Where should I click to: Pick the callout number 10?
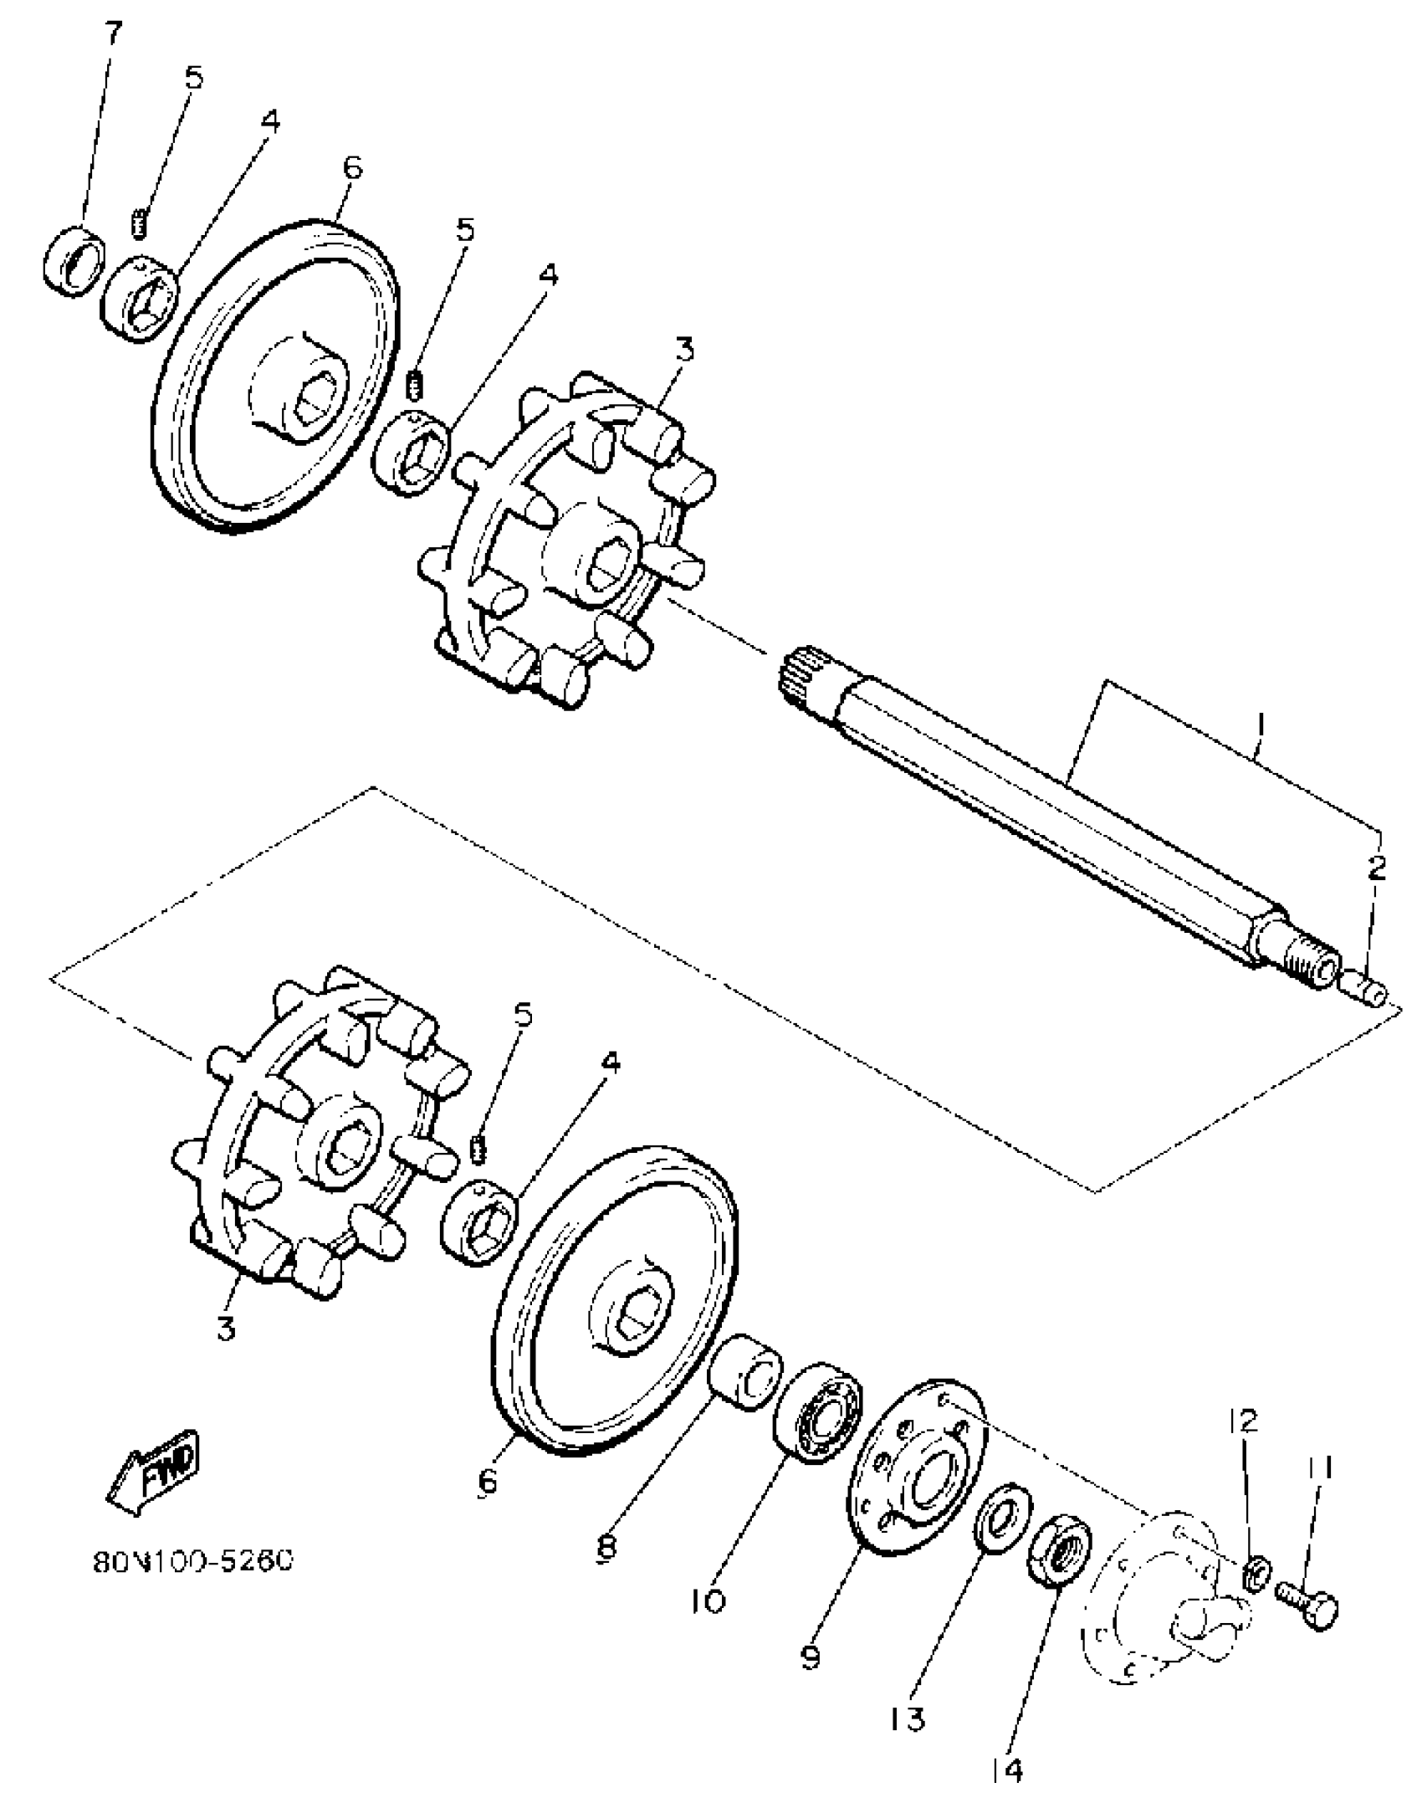pyautogui.click(x=708, y=1600)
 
